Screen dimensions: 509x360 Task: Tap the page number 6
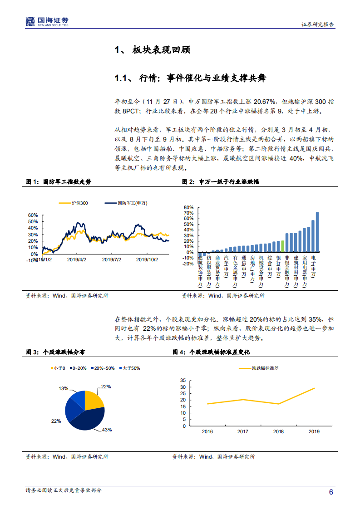click(x=331, y=492)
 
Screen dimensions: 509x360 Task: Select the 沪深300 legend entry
click(x=77, y=203)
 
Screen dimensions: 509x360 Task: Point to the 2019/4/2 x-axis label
click(x=76, y=260)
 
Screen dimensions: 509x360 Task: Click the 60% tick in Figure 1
click(x=33, y=215)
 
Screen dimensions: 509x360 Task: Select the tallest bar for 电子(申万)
click(x=317, y=231)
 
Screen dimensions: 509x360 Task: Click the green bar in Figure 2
click(x=282, y=246)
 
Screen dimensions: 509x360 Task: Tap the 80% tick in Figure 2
click(x=189, y=207)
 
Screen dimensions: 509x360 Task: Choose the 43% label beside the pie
click(x=107, y=429)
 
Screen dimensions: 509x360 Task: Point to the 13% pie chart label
click(x=64, y=388)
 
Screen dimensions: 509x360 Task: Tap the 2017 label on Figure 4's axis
click(x=243, y=431)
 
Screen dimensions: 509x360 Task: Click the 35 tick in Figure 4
click(x=183, y=380)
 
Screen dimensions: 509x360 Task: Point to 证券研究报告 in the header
click(x=318, y=25)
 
